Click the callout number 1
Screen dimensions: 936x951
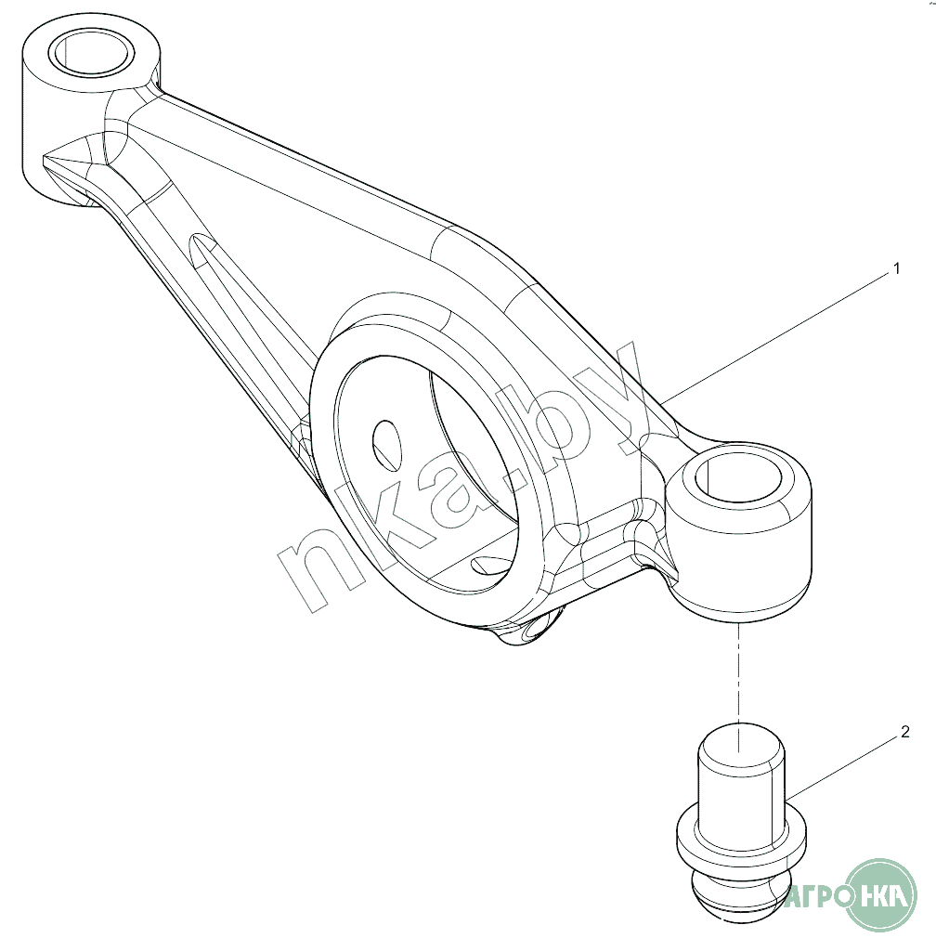pos(896,269)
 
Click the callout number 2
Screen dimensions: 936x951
pos(904,732)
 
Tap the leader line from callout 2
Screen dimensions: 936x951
pos(845,765)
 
